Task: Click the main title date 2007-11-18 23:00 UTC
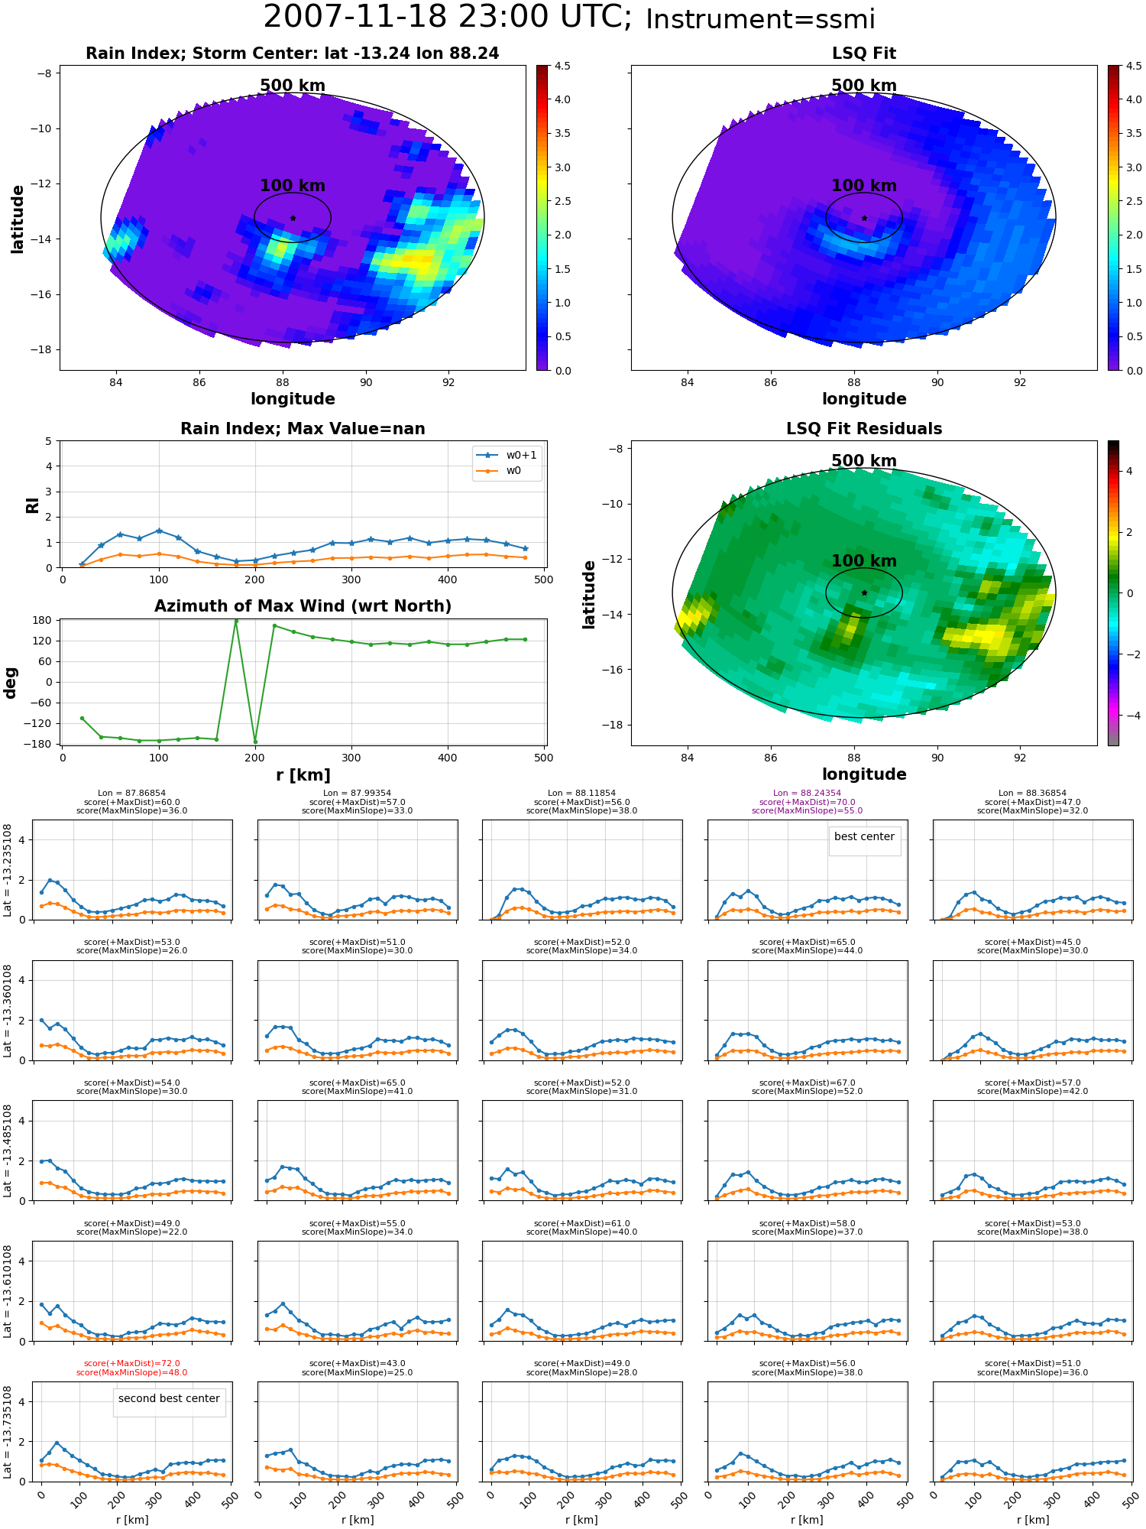(x=448, y=18)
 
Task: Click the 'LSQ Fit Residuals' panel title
(x=864, y=429)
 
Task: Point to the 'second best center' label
(x=169, y=1398)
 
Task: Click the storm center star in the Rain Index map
(x=293, y=218)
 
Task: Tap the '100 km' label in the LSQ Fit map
(x=864, y=186)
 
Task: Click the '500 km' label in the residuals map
(x=864, y=461)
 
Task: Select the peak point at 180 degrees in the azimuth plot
(x=236, y=621)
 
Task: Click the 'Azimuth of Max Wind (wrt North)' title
(x=303, y=606)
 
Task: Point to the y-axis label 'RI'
(x=32, y=505)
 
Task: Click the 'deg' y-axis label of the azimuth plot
(x=10, y=683)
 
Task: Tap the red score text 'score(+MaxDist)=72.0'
(x=132, y=1363)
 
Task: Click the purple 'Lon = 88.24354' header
(x=807, y=793)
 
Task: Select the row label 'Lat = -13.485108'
(x=8, y=1150)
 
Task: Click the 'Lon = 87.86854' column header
(x=132, y=793)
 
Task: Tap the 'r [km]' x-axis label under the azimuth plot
(x=303, y=775)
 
